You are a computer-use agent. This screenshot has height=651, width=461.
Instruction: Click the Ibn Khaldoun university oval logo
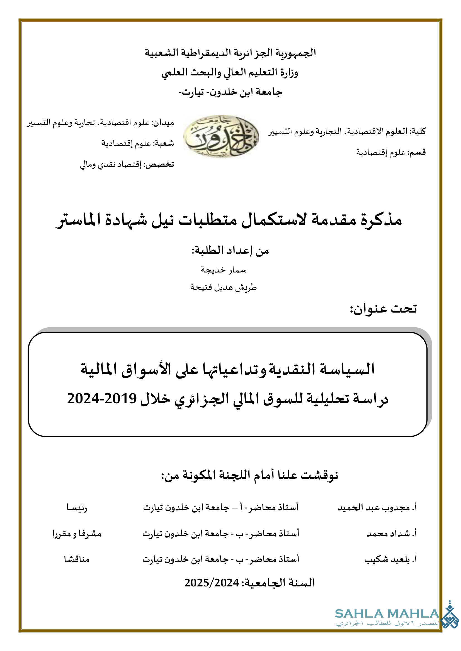[x=221, y=136]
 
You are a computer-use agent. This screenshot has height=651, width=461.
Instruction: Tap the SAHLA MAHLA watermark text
[x=387, y=614]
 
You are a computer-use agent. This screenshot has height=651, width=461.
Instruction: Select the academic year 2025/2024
[x=212, y=583]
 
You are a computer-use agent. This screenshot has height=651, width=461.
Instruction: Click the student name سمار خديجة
[x=224, y=270]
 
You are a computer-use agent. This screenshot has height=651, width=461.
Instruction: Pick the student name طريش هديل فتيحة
[x=224, y=288]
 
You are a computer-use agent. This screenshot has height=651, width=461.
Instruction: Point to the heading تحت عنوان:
[x=383, y=308]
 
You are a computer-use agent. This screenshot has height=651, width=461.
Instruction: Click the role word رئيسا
[x=77, y=507]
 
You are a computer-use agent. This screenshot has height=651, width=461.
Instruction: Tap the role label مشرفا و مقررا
[x=77, y=534]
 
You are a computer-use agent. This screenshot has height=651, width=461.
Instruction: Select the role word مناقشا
[x=77, y=559]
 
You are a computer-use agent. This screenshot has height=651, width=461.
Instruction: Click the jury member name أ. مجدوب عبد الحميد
[x=377, y=507]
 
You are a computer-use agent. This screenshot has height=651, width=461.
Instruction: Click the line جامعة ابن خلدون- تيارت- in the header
[x=230, y=92]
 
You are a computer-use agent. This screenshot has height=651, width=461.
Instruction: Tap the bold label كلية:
[x=419, y=131]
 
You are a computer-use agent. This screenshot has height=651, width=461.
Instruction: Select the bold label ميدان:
[x=163, y=123]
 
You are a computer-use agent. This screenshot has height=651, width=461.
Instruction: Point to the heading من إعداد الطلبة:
[x=230, y=251]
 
